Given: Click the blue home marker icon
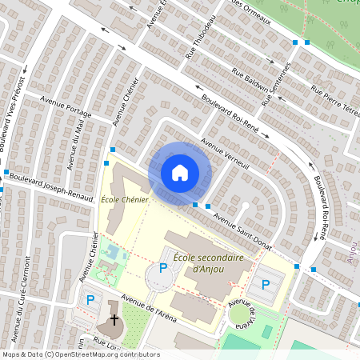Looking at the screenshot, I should (180, 172).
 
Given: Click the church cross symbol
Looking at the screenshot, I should (114, 320).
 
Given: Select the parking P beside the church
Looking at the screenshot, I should (90, 301).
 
